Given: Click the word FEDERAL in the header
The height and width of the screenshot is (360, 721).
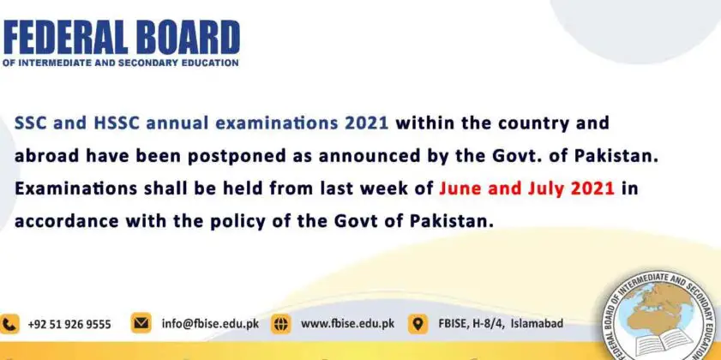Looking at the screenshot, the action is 64,38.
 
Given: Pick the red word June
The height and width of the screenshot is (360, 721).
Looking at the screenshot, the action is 460,189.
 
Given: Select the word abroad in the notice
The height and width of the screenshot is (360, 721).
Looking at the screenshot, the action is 46,156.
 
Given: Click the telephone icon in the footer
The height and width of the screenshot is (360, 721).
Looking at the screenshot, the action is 9,324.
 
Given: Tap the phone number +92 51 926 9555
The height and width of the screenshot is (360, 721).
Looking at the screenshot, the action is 69,325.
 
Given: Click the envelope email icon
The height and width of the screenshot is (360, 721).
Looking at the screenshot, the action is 141,323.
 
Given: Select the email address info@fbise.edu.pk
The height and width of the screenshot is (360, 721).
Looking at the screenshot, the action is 210,324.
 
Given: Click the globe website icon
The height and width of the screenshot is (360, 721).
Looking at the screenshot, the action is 280,324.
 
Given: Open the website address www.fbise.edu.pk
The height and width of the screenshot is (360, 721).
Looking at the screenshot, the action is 347,324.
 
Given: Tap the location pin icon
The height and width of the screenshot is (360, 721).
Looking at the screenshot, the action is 418,324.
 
